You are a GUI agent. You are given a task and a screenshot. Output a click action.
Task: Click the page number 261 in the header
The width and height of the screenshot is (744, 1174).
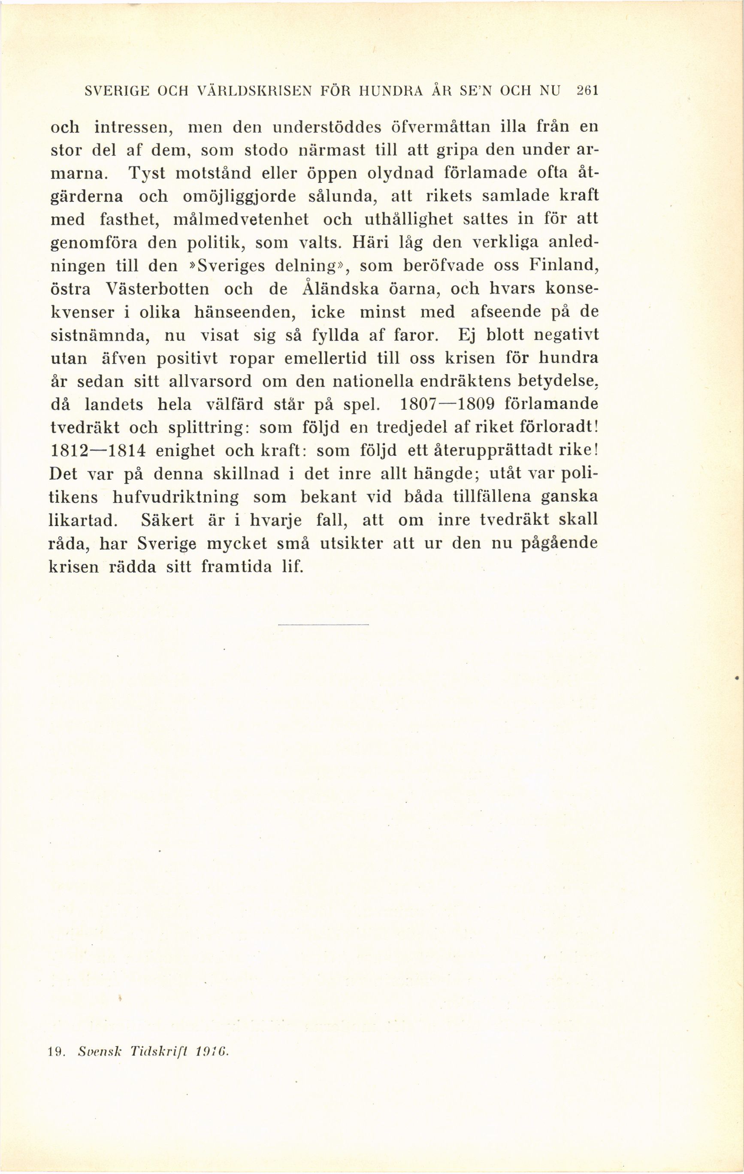coord(587,91)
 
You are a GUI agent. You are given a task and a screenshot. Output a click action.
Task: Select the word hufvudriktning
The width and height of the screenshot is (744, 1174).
coord(175,497)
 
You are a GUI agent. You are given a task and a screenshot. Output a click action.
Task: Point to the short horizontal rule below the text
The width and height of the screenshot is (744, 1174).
coord(323,624)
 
